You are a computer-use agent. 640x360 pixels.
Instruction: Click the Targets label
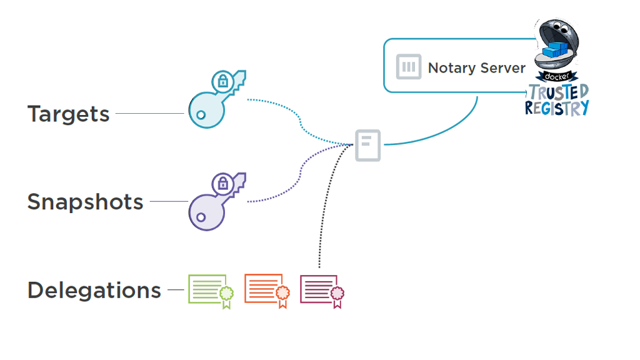[68, 114]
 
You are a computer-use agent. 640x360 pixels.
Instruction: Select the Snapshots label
[85, 202]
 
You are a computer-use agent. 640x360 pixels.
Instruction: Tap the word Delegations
[94, 291]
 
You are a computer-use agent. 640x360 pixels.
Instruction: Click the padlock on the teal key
[221, 81]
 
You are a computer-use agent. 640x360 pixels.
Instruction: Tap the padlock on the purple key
[221, 183]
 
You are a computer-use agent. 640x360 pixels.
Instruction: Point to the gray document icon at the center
[367, 146]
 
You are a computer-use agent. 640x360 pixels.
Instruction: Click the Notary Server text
[476, 68]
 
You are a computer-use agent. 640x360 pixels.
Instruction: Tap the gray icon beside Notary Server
[409, 67]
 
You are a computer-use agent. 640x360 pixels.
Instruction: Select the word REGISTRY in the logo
[556, 108]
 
